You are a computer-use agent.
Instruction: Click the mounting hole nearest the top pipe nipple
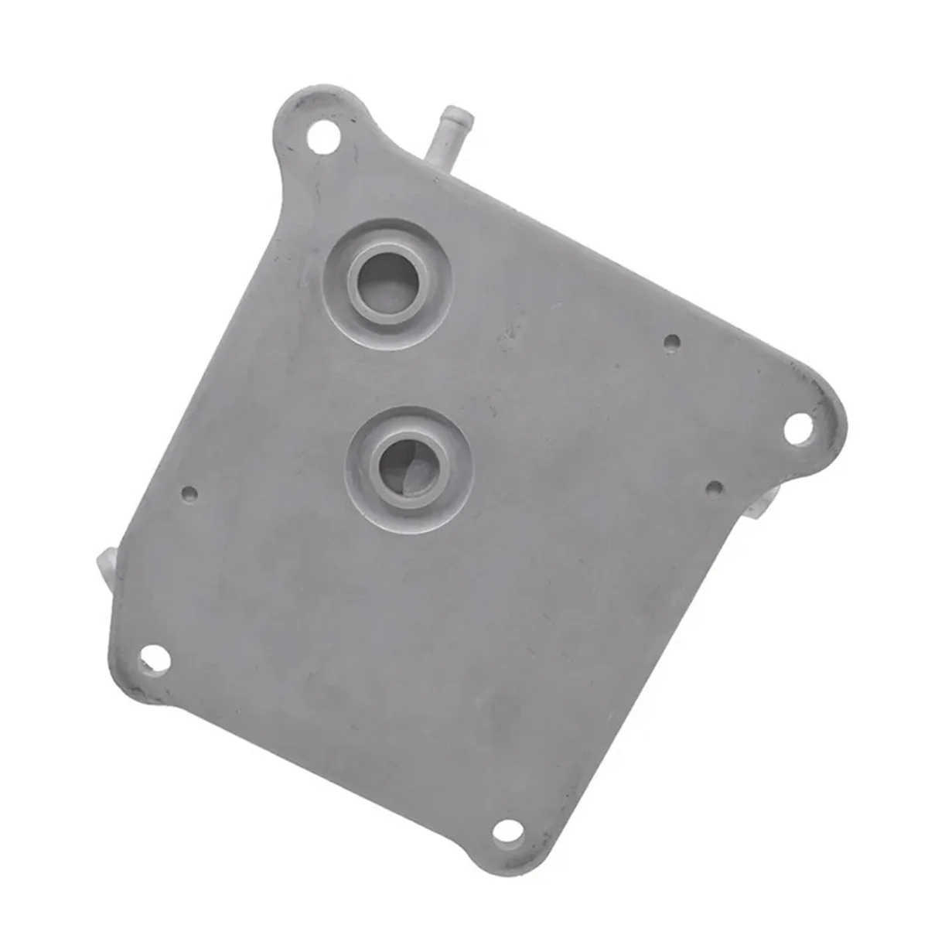point(320,141)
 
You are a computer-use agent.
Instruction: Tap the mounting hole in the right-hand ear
point(797,427)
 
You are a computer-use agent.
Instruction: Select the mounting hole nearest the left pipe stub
point(154,659)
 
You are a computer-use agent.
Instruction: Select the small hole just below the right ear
point(715,487)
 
